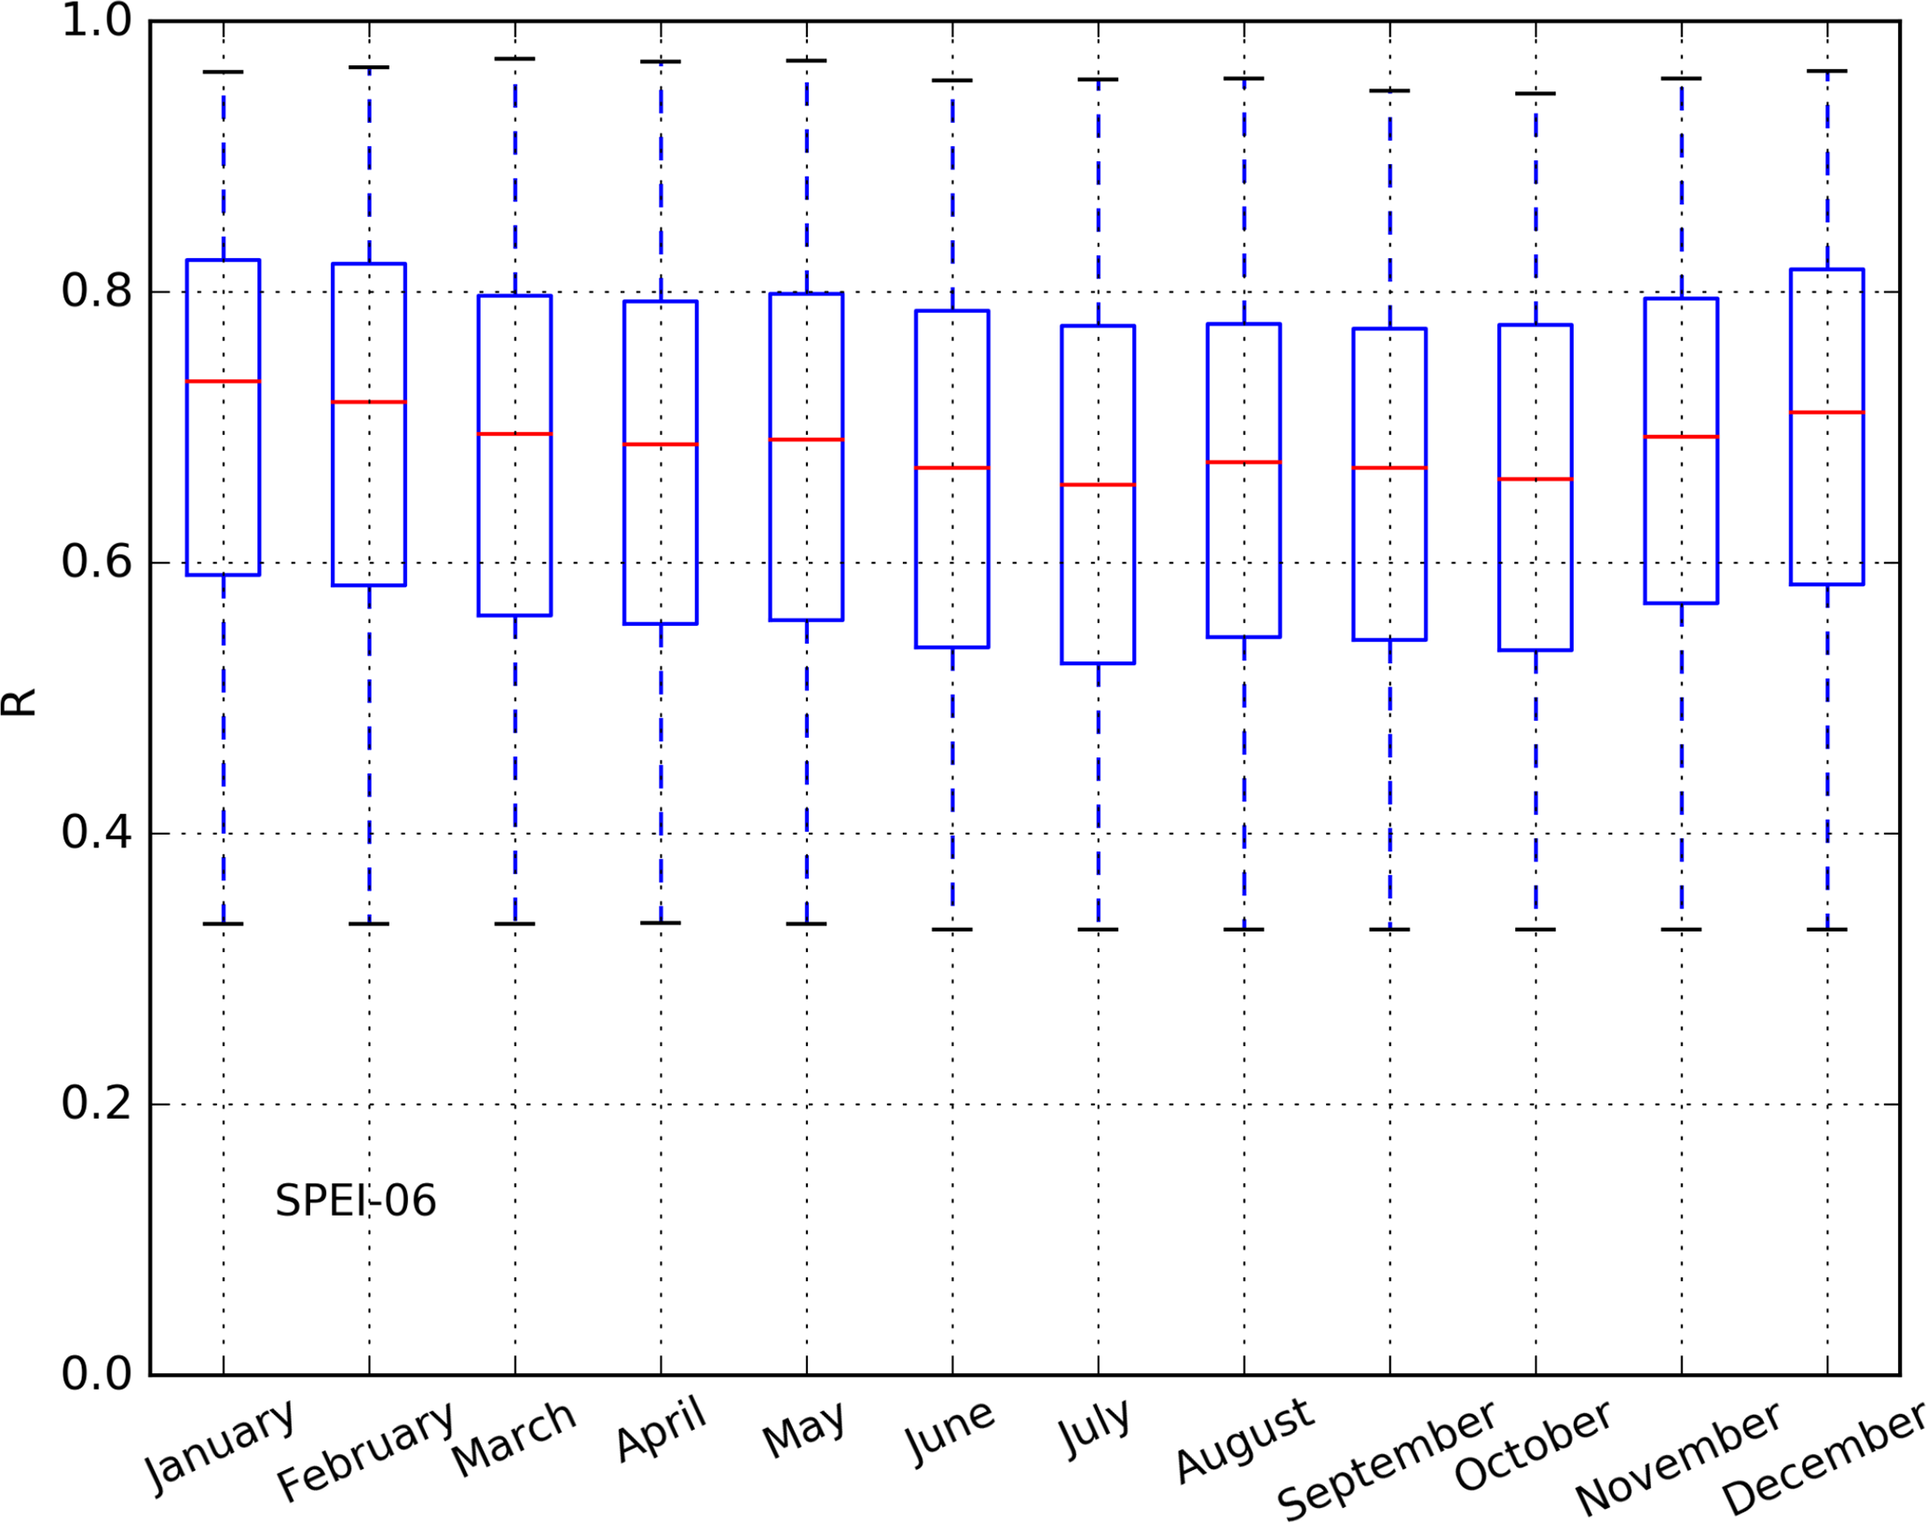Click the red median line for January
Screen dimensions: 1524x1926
[223, 381]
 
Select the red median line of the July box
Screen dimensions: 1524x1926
[1098, 484]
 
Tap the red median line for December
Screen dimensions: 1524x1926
[1826, 412]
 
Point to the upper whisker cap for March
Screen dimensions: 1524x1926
[514, 59]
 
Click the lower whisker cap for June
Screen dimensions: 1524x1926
[952, 929]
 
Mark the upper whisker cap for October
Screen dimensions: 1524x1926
[1536, 93]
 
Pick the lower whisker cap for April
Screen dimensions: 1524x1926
[661, 922]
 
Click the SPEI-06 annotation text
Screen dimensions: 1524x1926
[355, 1201]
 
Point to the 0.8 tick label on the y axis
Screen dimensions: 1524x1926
[97, 292]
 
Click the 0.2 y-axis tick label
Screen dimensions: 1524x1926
[97, 1104]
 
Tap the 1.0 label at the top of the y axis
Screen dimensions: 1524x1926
[97, 21]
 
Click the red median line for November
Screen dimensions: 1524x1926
[1681, 436]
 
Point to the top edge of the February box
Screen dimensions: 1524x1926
[369, 264]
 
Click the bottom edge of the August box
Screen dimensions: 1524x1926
[1244, 637]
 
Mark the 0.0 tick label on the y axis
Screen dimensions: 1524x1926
[97, 1374]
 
